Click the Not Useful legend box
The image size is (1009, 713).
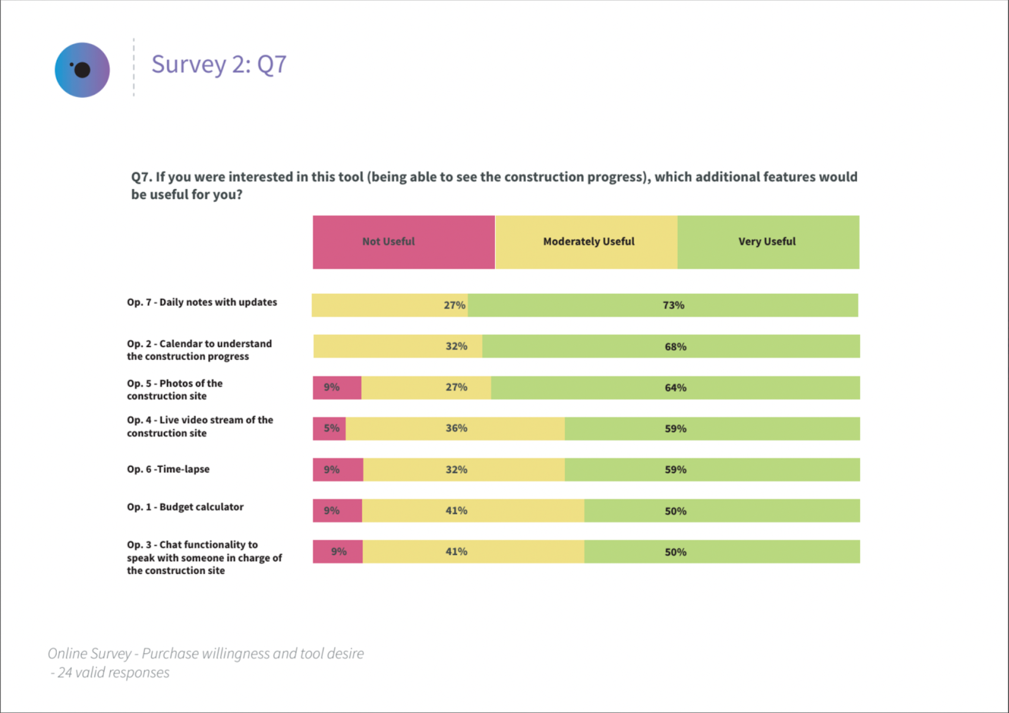pos(404,242)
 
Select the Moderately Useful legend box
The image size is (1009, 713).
pos(586,242)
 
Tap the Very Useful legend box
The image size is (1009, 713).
pos(768,242)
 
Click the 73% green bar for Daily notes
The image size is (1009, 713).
pos(663,305)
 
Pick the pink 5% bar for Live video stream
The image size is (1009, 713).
pos(329,428)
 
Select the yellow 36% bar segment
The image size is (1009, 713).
pos(455,428)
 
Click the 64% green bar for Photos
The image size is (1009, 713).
pos(675,388)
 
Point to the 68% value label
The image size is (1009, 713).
pos(675,347)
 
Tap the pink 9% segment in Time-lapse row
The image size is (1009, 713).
pos(338,469)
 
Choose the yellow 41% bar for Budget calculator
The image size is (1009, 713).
pos(473,511)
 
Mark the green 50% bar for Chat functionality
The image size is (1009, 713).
pos(721,552)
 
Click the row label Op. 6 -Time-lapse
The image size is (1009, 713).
pos(168,469)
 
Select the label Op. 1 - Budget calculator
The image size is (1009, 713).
pos(185,507)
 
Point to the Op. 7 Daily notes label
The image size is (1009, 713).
pos(202,302)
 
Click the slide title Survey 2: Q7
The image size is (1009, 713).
pos(219,64)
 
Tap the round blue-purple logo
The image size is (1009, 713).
pos(82,70)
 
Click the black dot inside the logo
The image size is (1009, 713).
pos(83,70)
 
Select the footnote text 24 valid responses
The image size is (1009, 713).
pos(113,673)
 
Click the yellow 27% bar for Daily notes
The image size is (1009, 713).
pos(390,305)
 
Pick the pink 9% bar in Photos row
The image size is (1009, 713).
pos(337,388)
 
